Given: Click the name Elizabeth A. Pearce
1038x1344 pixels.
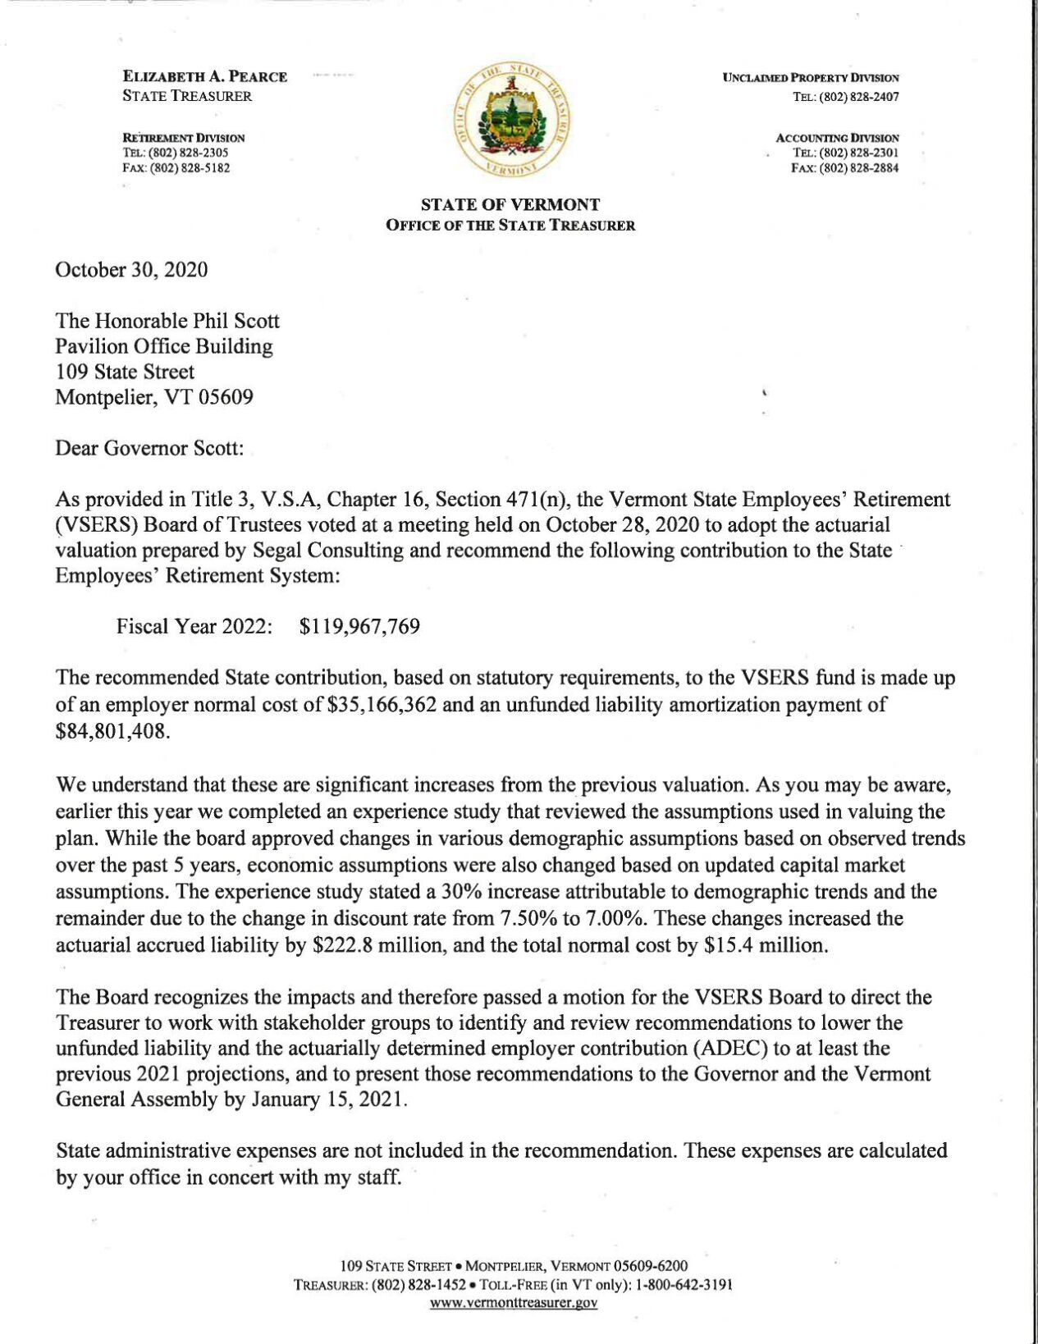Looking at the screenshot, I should (204, 77).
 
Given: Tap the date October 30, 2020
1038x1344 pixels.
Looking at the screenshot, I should (131, 270).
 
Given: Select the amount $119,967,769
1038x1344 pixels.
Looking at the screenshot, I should (360, 628).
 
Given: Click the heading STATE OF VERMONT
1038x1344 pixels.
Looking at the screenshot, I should (510, 204).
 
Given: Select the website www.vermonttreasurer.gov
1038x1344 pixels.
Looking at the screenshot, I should (514, 1303).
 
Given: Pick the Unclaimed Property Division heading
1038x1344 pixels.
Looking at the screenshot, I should (811, 78).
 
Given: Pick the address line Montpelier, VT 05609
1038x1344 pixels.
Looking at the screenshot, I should (154, 398).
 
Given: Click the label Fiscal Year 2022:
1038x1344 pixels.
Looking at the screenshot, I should (194, 628).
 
